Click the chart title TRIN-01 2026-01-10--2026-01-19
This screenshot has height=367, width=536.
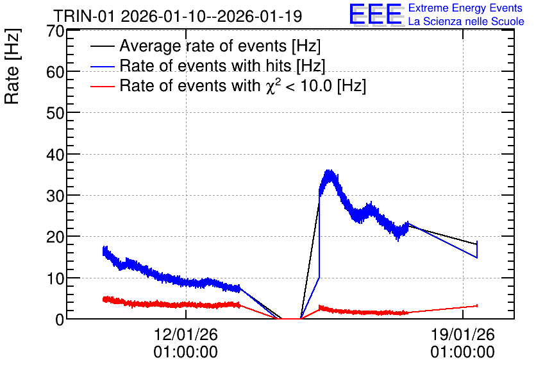(x=178, y=16)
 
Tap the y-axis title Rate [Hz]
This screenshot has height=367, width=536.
(x=12, y=66)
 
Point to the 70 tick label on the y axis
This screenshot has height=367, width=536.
(x=55, y=31)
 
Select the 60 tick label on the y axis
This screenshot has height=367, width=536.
(x=55, y=72)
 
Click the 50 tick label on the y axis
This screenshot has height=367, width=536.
(x=55, y=113)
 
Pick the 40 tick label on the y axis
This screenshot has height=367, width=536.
(x=55, y=155)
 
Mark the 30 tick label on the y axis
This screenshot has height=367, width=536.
(x=55, y=196)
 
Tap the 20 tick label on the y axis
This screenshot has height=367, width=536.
(x=55, y=237)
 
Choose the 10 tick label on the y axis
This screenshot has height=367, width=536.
(x=55, y=278)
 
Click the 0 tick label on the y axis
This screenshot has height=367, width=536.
(x=60, y=320)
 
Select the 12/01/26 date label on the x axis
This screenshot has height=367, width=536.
(x=186, y=334)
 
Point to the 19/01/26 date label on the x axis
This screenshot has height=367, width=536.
(x=462, y=334)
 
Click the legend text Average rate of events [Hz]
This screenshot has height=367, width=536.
(x=220, y=46)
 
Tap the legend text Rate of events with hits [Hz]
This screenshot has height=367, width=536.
(x=222, y=65)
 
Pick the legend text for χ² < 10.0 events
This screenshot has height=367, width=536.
(x=243, y=85)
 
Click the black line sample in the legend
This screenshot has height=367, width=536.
(x=102, y=46)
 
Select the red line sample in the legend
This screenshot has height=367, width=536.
(x=102, y=86)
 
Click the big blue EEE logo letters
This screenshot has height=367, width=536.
(x=376, y=14)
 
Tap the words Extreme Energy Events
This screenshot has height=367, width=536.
(x=465, y=8)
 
